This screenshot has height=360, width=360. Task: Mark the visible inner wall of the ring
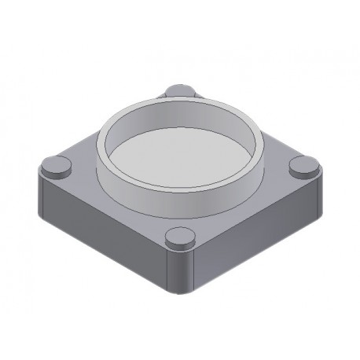pyautogui.click(x=179, y=117)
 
